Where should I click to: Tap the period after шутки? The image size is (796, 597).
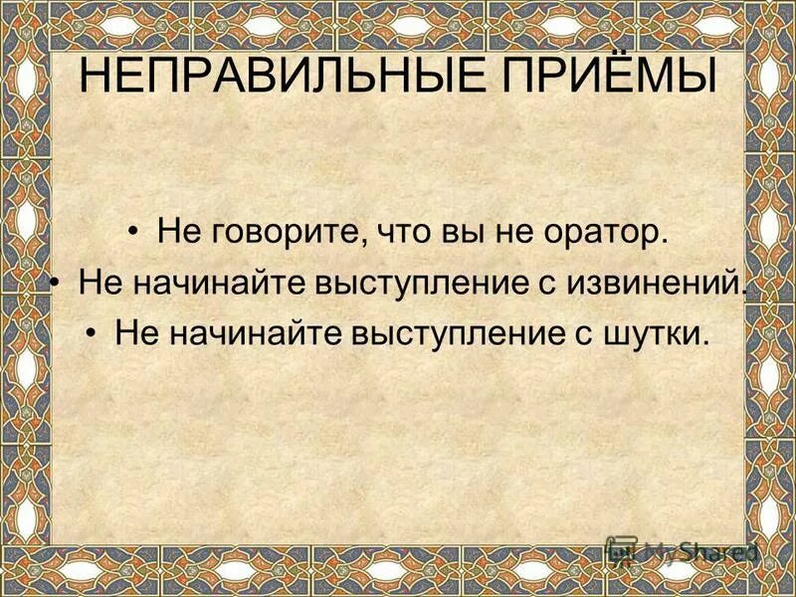pos(708,341)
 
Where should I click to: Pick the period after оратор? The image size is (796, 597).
pos(661,244)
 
